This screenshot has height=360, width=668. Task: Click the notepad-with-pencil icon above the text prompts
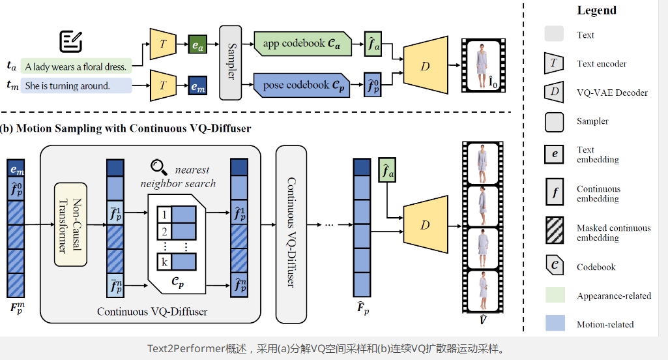pyautogui.click(x=70, y=41)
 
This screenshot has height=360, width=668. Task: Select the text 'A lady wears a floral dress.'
pyautogui.click(x=76, y=67)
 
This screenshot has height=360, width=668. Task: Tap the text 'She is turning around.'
pyautogui.click(x=67, y=85)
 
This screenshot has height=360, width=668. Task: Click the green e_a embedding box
pyautogui.click(x=197, y=45)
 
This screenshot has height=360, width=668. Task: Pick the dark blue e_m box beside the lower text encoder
pyautogui.click(x=197, y=85)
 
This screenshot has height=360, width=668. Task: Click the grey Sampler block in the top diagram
pyautogui.click(x=231, y=63)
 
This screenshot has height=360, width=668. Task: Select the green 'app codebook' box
pyautogui.click(x=302, y=44)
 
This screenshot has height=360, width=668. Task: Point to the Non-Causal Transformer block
pyautogui.click(x=71, y=224)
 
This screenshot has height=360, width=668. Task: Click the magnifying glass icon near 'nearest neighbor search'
pyautogui.click(x=158, y=167)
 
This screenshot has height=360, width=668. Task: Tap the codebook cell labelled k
pyautogui.click(x=164, y=262)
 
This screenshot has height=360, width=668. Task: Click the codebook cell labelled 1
pyautogui.click(x=165, y=215)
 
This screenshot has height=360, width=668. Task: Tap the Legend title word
pyautogui.click(x=596, y=10)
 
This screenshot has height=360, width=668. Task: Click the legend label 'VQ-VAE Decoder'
pyautogui.click(x=612, y=93)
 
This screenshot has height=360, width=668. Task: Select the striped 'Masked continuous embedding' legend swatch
pyautogui.click(x=554, y=232)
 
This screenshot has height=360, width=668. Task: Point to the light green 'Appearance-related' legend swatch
pyautogui.click(x=554, y=295)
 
